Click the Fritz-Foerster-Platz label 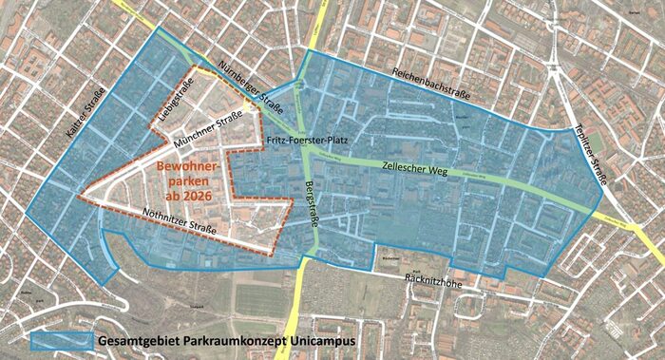click(309, 140)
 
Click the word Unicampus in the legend click(320, 339)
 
